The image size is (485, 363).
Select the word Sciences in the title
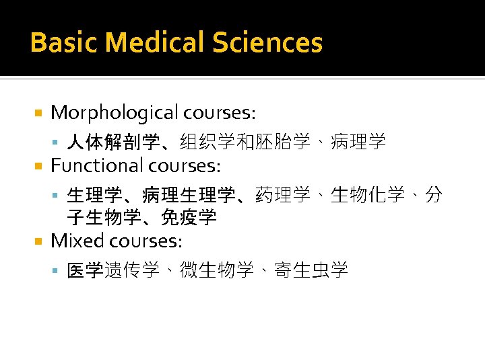click(268, 43)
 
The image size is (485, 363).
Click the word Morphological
click(115, 112)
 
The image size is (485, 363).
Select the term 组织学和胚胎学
click(245, 142)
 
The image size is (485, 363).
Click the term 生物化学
click(368, 195)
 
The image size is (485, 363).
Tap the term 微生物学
click(216, 270)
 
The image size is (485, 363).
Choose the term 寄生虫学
click(311, 270)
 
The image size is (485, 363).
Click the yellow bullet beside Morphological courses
click(39, 112)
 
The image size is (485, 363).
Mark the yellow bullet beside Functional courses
click(39, 165)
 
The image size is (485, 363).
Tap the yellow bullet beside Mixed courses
click(39, 241)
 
